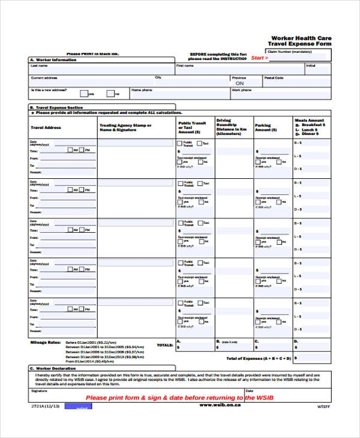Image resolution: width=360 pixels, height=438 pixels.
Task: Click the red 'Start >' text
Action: click(x=259, y=58)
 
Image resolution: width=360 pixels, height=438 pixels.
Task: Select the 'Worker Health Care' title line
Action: click(x=301, y=38)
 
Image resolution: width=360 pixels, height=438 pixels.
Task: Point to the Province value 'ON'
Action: click(x=239, y=83)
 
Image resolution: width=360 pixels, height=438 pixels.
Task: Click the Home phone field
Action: click(x=179, y=94)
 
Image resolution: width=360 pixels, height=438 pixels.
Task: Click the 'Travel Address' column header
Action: click(x=46, y=127)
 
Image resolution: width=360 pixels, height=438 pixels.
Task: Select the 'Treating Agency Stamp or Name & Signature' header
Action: click(x=125, y=127)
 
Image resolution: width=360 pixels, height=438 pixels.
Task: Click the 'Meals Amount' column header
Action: click(x=310, y=120)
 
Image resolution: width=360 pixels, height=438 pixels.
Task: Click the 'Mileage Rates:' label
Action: click(x=46, y=343)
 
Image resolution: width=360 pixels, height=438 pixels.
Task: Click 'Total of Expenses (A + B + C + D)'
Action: click(x=259, y=358)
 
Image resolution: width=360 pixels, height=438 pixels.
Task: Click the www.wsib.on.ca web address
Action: click(x=220, y=405)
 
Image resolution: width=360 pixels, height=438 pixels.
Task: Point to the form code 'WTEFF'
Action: click(x=323, y=406)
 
